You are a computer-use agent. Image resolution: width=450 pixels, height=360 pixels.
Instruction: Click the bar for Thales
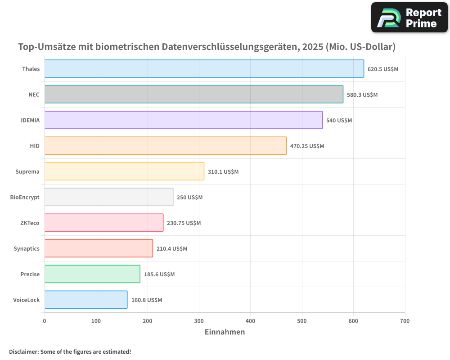coord(204,69)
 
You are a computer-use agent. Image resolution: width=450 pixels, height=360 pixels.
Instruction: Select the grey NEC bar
coord(193,94)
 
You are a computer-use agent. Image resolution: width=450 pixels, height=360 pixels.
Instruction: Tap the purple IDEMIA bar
coord(183,120)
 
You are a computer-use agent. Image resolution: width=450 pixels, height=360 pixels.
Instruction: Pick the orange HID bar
coord(165,146)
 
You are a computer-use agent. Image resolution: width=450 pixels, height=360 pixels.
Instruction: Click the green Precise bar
coord(92,274)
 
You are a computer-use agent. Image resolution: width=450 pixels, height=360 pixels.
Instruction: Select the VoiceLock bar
coord(85,300)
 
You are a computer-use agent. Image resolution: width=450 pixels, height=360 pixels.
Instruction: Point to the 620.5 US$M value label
coord(383,69)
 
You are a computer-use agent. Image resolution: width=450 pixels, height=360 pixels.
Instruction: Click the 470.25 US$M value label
coord(307,146)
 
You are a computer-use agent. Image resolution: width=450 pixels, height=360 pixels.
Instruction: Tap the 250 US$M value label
coord(189,198)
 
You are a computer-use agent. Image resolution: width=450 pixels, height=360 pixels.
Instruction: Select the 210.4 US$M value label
coord(172,249)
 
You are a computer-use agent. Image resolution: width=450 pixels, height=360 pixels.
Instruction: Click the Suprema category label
coord(27,171)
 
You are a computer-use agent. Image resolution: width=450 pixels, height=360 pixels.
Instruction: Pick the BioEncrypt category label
coord(25,197)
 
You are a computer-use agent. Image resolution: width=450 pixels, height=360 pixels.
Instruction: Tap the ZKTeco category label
coord(30,223)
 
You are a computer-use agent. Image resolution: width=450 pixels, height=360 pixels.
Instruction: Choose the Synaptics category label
coord(27,248)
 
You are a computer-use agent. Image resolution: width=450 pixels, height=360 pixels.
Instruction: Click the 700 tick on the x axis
coord(405,321)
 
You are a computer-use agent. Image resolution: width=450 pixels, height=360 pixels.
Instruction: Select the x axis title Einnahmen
coord(225,332)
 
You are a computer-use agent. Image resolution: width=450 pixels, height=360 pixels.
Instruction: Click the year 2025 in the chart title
coord(311,47)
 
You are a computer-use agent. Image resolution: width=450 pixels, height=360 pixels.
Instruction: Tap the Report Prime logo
coord(409,18)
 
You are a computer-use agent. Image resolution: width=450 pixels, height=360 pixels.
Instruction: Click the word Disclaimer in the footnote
coord(23,351)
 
